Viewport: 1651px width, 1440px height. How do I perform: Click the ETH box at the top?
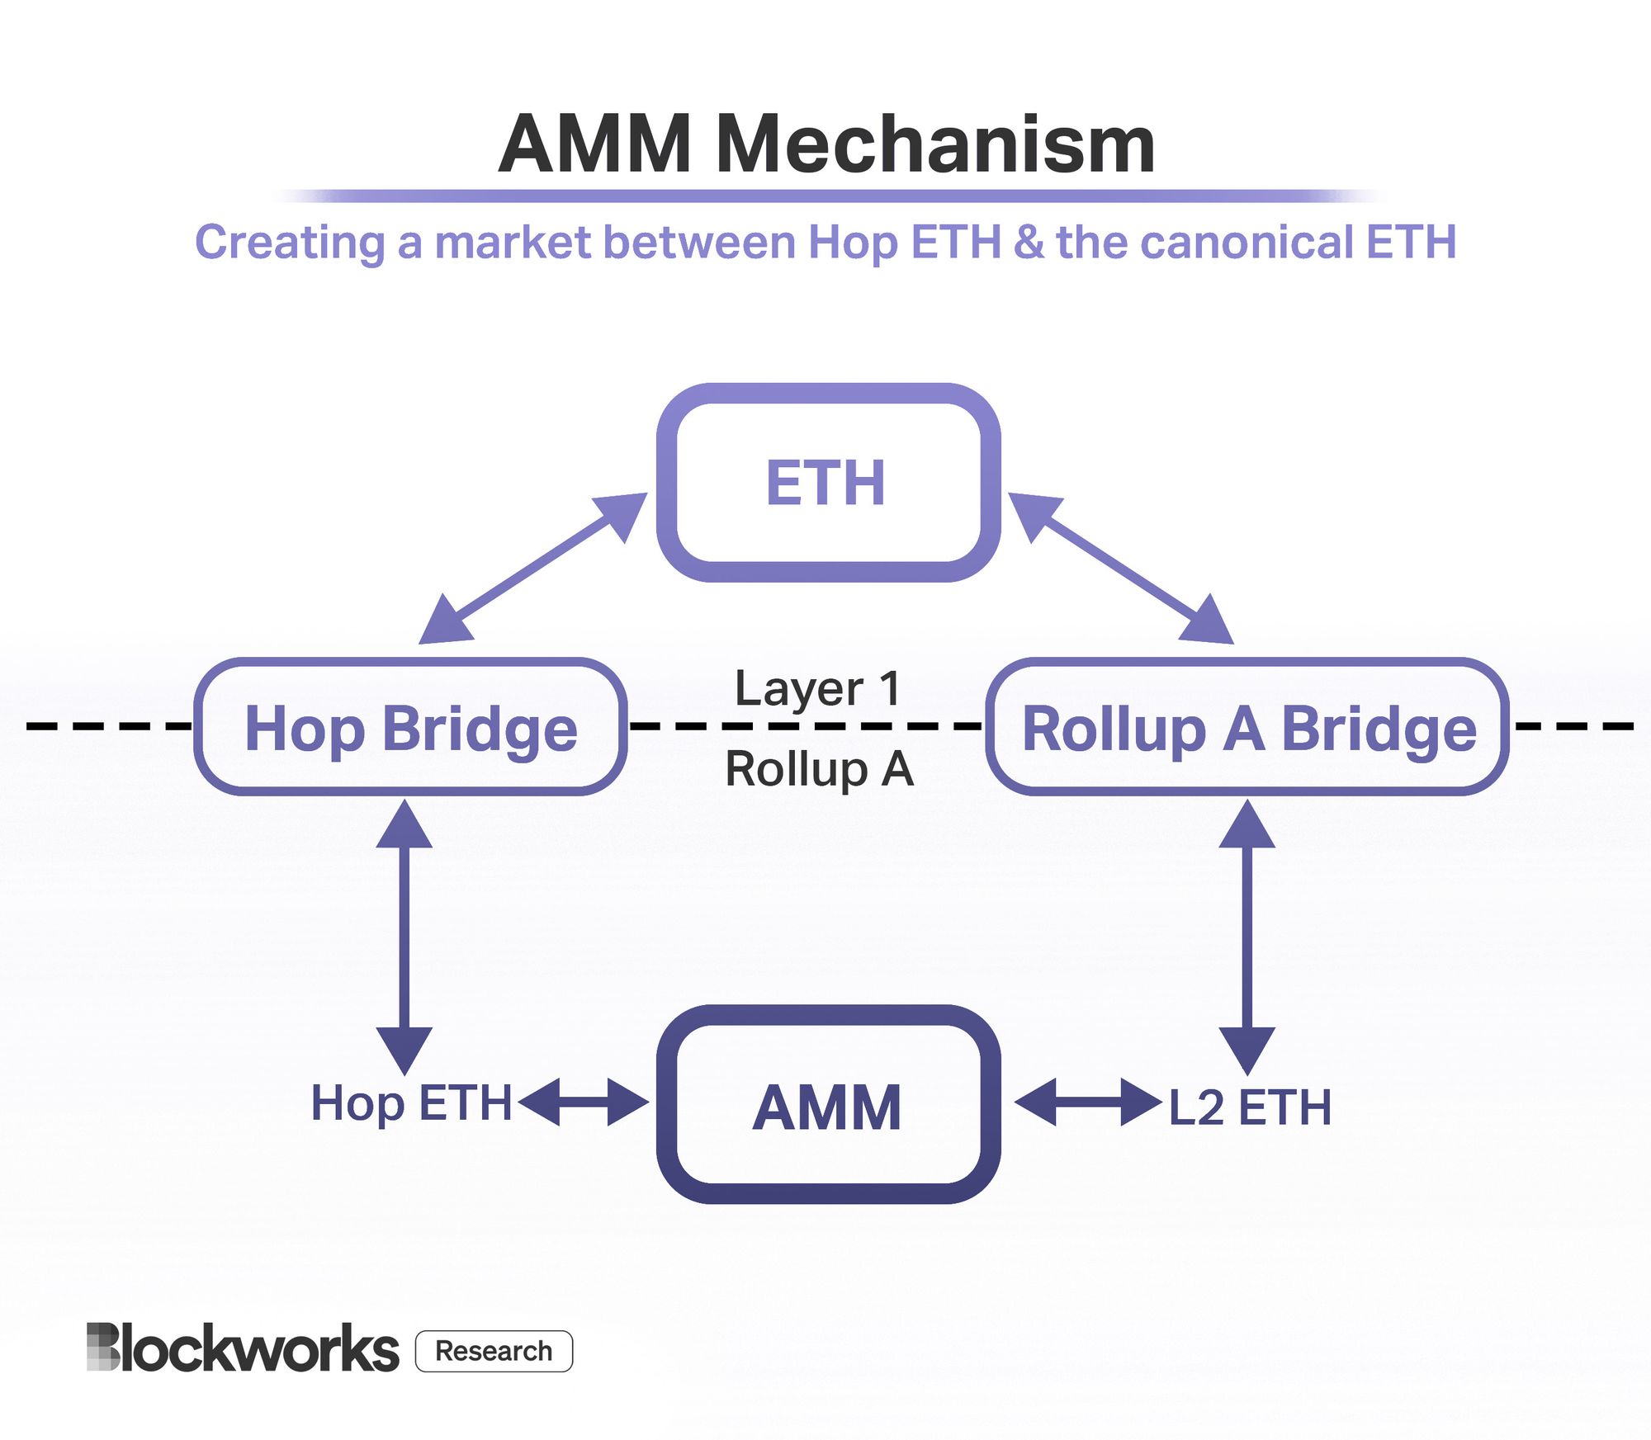(x=828, y=483)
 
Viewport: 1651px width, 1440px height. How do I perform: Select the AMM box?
(x=828, y=1106)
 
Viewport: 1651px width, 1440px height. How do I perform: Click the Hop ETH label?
(x=410, y=1103)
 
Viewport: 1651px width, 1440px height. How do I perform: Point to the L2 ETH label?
(x=1250, y=1107)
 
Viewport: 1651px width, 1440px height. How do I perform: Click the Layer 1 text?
(x=817, y=689)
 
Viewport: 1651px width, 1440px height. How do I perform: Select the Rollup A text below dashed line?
(x=819, y=769)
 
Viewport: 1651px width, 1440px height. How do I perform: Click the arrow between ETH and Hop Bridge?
(x=532, y=569)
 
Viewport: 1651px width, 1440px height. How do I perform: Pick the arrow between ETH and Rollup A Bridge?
(x=1121, y=569)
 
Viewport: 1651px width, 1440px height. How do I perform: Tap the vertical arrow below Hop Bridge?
(x=404, y=937)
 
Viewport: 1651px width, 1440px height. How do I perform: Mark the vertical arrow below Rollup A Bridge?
(x=1247, y=937)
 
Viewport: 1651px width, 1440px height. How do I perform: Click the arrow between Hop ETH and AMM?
(x=583, y=1102)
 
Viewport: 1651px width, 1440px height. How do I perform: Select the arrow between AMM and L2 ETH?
(x=1088, y=1102)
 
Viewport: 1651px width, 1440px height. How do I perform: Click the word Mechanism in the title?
(x=934, y=145)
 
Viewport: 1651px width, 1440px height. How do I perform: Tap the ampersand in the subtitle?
(x=1029, y=243)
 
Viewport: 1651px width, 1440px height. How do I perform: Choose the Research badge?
(x=494, y=1351)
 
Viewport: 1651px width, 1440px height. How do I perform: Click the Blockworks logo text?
(x=244, y=1348)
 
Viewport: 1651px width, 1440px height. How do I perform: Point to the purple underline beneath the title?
(x=828, y=196)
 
